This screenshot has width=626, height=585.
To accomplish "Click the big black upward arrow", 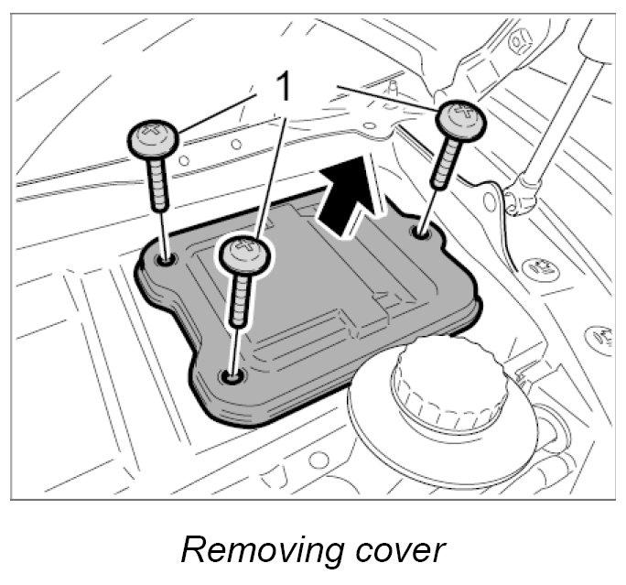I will pos(350,196).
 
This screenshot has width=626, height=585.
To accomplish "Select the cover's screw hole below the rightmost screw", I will pos(421,233).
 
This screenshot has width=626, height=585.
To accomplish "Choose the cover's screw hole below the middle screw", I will pos(231,375).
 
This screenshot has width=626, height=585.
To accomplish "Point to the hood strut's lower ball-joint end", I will pos(523,194).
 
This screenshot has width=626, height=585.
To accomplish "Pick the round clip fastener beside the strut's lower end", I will pos(539,268).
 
